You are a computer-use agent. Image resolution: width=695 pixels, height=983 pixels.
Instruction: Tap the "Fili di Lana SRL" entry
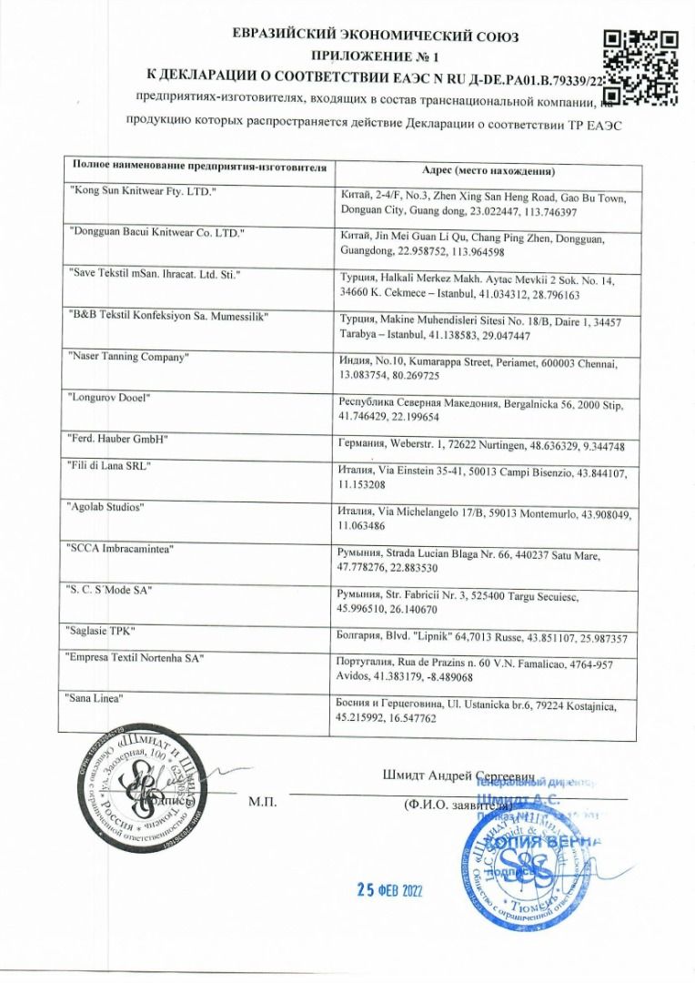(x=110, y=465)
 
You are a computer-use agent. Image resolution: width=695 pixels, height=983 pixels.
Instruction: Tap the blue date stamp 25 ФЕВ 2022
(x=390, y=889)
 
